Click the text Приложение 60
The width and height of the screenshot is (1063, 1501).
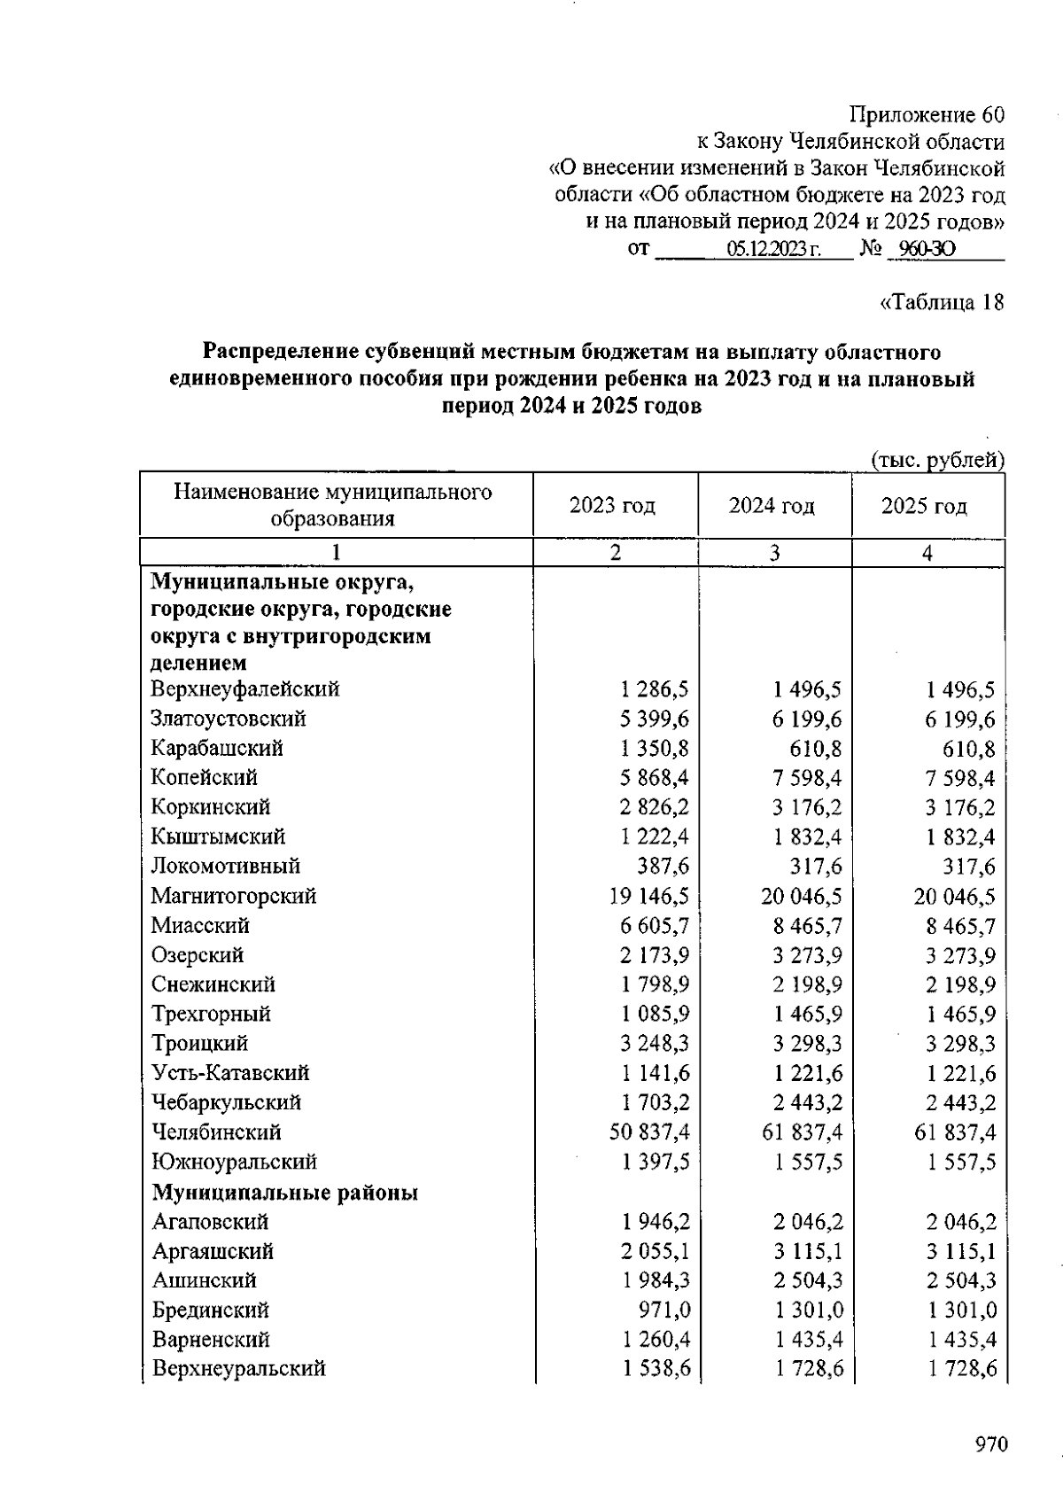(x=927, y=115)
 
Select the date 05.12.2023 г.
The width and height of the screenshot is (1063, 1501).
(x=773, y=250)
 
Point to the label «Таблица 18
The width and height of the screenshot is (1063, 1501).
(x=942, y=302)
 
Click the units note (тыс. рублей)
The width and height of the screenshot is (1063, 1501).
(x=938, y=460)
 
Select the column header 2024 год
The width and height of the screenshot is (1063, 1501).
(x=772, y=506)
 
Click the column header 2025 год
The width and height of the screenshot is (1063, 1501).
(x=924, y=506)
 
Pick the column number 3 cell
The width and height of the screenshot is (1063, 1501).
(x=774, y=553)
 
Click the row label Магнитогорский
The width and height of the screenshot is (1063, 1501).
(x=234, y=896)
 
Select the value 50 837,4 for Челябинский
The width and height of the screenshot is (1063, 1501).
(x=649, y=1132)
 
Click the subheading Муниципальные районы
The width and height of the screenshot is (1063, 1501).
(x=284, y=1193)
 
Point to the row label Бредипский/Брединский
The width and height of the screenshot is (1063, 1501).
(x=210, y=1310)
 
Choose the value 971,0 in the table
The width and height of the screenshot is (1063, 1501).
(x=664, y=1310)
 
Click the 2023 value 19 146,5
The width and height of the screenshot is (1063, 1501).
(x=649, y=897)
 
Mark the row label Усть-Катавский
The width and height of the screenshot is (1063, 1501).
(x=230, y=1073)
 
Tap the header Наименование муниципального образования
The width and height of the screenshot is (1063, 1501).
(x=333, y=505)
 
